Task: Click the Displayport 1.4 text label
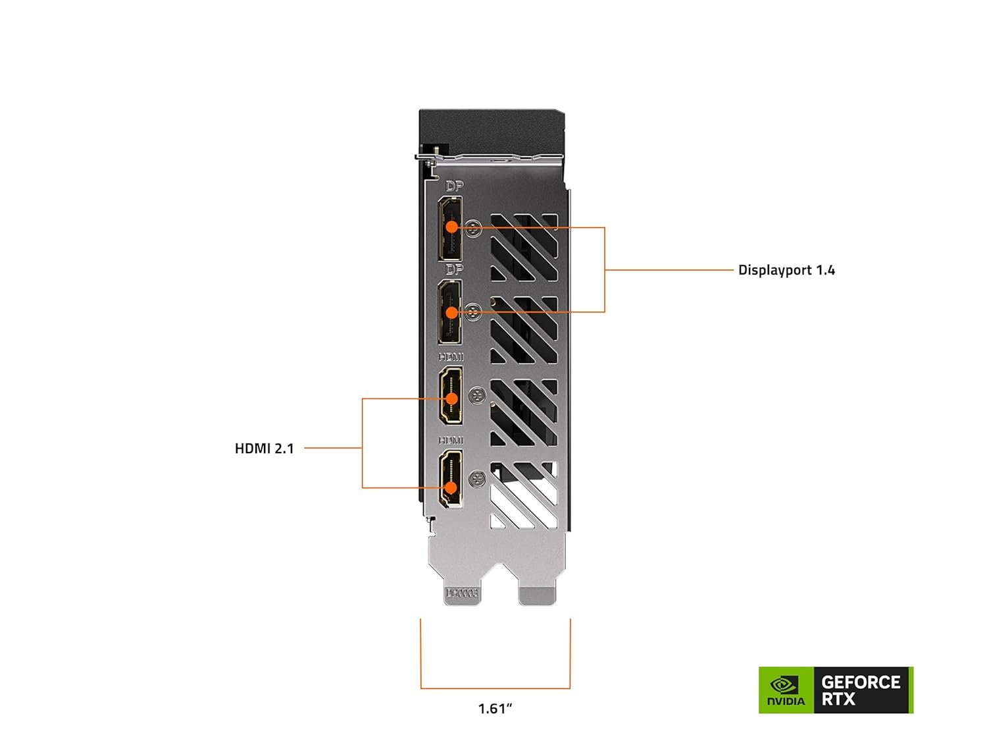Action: pyautogui.click(x=786, y=270)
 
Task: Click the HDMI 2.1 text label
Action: pyautogui.click(x=264, y=449)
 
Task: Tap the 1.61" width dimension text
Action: pyautogui.click(x=495, y=709)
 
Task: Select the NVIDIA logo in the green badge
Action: pyautogui.click(x=786, y=690)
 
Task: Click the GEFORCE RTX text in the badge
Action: pyautogui.click(x=861, y=690)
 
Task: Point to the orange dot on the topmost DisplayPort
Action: pyautogui.click(x=451, y=227)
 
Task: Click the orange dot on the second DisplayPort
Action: pyautogui.click(x=451, y=312)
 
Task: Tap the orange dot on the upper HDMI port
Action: pyautogui.click(x=451, y=398)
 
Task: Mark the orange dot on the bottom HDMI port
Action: pyautogui.click(x=451, y=487)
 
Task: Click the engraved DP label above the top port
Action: pyautogui.click(x=454, y=186)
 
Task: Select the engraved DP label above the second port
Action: pyautogui.click(x=454, y=269)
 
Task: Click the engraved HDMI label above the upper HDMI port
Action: pyautogui.click(x=451, y=357)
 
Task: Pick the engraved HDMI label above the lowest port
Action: pyautogui.click(x=451, y=440)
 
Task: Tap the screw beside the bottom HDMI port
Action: pyautogui.click(x=478, y=479)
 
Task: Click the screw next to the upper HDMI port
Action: pyautogui.click(x=478, y=396)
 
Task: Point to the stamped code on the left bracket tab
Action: pyautogui.click(x=462, y=593)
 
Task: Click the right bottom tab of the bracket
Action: pyautogui.click(x=537, y=593)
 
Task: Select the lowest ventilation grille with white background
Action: pyautogui.click(x=524, y=495)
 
